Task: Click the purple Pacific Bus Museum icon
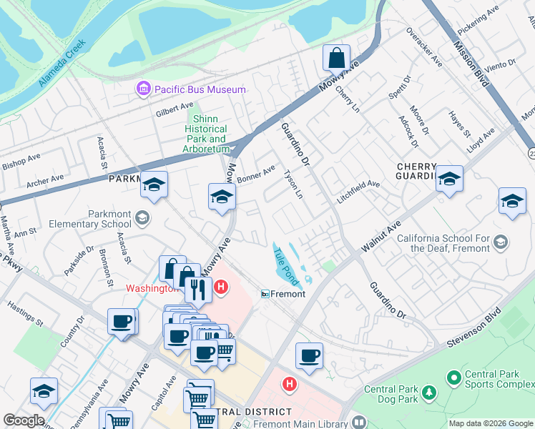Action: [143, 89]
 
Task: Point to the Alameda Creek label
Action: [62, 64]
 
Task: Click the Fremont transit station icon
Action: [265, 294]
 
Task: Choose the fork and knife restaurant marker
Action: [198, 289]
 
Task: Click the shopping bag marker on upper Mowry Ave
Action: [336, 57]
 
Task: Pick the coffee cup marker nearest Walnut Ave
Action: [309, 355]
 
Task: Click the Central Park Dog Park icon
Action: [428, 392]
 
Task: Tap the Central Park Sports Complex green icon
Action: [452, 376]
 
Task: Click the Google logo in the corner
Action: [23, 420]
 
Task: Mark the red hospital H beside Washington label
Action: [221, 287]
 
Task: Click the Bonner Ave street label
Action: [257, 174]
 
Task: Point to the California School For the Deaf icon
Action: [499, 242]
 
